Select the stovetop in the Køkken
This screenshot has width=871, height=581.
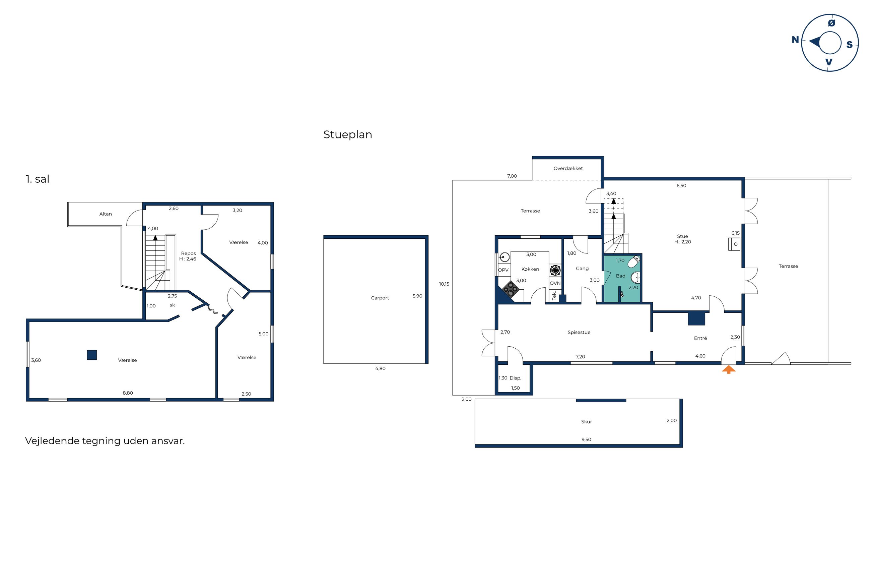[510, 289]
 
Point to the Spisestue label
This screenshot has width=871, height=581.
[579, 332]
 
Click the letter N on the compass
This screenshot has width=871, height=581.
[795, 40]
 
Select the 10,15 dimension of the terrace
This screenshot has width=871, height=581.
[444, 284]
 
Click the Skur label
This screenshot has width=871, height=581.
[586, 422]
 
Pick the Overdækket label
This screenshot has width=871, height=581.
[568, 168]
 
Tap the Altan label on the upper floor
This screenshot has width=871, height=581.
[106, 214]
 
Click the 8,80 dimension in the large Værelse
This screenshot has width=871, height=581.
[128, 393]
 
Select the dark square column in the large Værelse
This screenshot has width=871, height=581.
[92, 355]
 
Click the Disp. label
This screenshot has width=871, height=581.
[515, 378]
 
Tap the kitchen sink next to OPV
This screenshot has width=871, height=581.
[505, 257]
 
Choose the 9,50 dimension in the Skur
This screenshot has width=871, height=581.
[586, 440]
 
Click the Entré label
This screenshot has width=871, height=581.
[700, 338]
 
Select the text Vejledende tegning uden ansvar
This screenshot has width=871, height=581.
[105, 441]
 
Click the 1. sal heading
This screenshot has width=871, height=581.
[38, 179]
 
